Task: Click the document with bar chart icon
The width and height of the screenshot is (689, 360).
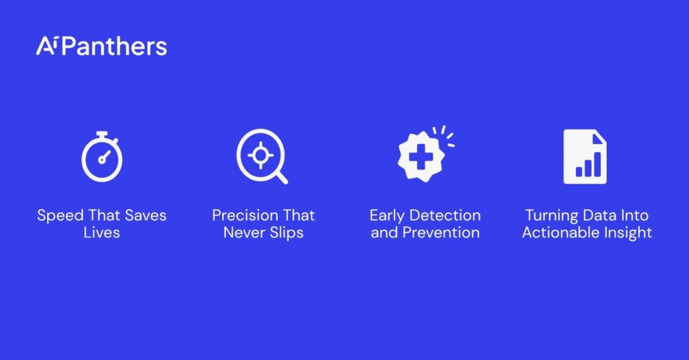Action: coord(585,157)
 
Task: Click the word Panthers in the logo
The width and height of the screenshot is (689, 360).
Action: coord(114,46)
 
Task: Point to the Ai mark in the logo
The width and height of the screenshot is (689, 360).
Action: coord(46,46)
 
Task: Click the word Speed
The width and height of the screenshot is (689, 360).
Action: coord(60,216)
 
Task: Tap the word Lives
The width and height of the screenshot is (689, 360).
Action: coord(102,233)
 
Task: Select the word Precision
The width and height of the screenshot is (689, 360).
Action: coord(246,215)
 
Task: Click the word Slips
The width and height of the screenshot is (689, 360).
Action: coord(287,233)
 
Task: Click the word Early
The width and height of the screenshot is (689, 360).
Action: coord(387,216)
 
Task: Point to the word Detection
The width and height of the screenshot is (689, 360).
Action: coord(445,215)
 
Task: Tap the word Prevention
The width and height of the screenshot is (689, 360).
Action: coord(441,233)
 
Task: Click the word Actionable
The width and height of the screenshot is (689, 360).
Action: coord(560,233)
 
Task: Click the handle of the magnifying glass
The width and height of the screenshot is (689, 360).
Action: coord(282,178)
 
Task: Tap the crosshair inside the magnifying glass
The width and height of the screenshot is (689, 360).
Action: coord(260,155)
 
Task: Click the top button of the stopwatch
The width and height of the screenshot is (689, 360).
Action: coord(102,134)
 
